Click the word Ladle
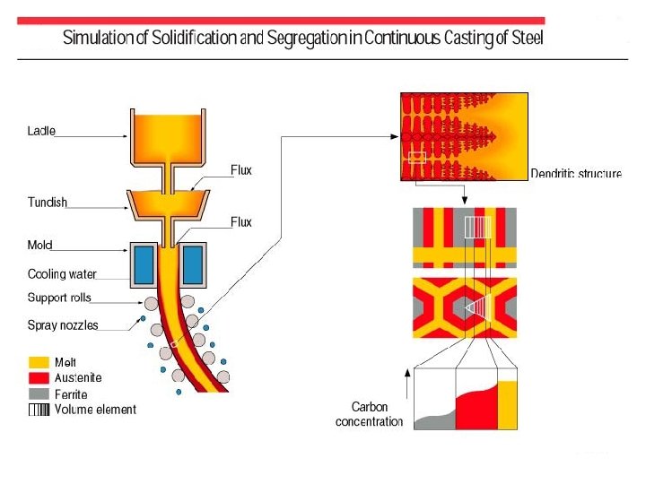coord(41,131)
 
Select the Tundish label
coord(48,203)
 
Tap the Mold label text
coord(40,245)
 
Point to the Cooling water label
coord(62,274)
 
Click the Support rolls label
coord(59,298)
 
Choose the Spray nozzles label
coord(63,324)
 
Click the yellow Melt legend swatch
coord(39,362)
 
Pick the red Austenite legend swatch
coord(39,377)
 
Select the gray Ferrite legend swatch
coord(39,393)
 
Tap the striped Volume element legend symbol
coord(39,410)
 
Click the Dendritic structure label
coord(575,173)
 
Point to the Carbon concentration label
coord(369,414)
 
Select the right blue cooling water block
coord(193,264)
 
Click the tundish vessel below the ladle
coord(168,205)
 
